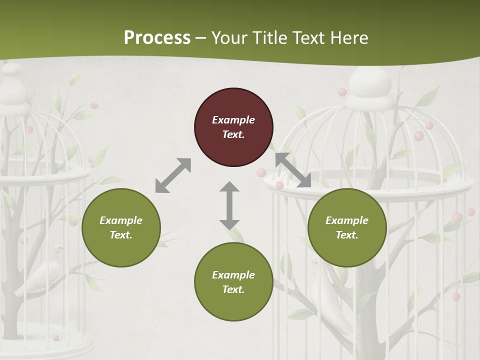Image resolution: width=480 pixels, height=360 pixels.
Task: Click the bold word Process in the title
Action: pyautogui.click(x=157, y=38)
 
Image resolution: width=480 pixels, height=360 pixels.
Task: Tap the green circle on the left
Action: pyautogui.click(x=121, y=227)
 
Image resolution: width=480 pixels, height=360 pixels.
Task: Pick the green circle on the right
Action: pyautogui.click(x=347, y=227)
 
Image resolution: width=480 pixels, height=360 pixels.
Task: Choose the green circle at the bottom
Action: pyautogui.click(x=233, y=282)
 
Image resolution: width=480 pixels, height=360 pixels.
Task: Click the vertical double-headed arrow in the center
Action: pyautogui.click(x=229, y=205)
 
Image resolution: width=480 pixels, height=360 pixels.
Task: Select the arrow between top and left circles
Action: pyautogui.click(x=173, y=175)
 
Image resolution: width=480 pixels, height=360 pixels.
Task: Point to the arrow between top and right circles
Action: pyautogui.click(x=293, y=170)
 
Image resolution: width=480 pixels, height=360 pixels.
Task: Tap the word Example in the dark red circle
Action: pyautogui.click(x=233, y=120)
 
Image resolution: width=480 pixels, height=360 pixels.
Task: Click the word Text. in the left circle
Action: pyautogui.click(x=121, y=235)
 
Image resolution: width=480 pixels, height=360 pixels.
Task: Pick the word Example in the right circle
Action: pyautogui.click(x=347, y=220)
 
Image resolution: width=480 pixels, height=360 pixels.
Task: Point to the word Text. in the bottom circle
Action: pyautogui.click(x=233, y=289)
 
